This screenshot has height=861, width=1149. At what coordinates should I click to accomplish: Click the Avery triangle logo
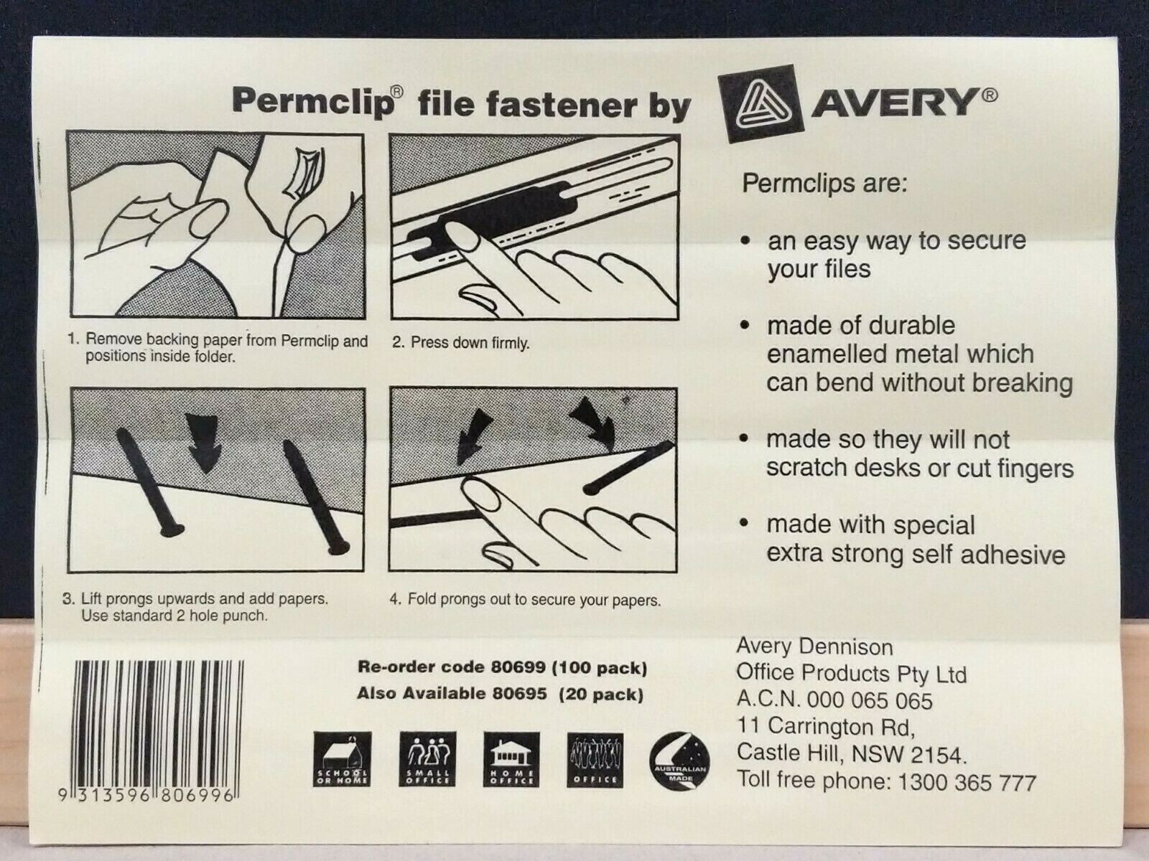pos(758,103)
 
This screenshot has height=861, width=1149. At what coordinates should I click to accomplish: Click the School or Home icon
pos(343,759)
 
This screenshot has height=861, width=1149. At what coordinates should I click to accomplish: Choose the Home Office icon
pos(512,759)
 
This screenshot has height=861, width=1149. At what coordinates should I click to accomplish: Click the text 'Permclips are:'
pos(824,183)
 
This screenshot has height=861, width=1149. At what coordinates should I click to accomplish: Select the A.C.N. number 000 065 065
pos(870,700)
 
